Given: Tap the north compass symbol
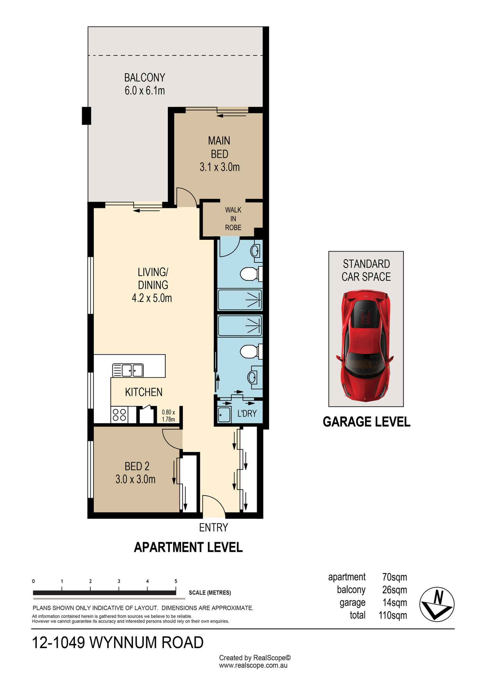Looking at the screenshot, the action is tap(437, 604).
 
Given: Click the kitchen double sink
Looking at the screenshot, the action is tap(128, 370).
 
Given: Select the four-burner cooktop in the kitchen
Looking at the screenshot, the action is tap(119, 415).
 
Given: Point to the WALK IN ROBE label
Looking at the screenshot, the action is tap(233, 219).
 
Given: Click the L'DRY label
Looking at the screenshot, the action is tap(247, 413).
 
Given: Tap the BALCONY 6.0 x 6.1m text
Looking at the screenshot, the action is tap(145, 84).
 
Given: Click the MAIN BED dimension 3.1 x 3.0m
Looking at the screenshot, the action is tap(219, 167).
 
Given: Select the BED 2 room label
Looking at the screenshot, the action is tap(137, 466).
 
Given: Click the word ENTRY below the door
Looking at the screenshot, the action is tap(213, 527).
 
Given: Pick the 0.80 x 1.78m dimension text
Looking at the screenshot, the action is tap(168, 416).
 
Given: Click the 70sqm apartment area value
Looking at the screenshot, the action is tap(394, 577).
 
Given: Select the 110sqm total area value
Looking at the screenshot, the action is tap(393, 615).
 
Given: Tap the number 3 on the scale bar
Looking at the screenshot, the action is tap(119, 581).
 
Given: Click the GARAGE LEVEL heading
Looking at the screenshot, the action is tap(367, 422).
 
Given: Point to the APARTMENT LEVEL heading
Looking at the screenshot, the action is tap(188, 547).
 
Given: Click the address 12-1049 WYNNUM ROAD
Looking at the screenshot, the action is tap(118, 642).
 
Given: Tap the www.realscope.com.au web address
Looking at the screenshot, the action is tap(253, 665).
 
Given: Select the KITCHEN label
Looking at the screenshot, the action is tap(144, 392).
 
